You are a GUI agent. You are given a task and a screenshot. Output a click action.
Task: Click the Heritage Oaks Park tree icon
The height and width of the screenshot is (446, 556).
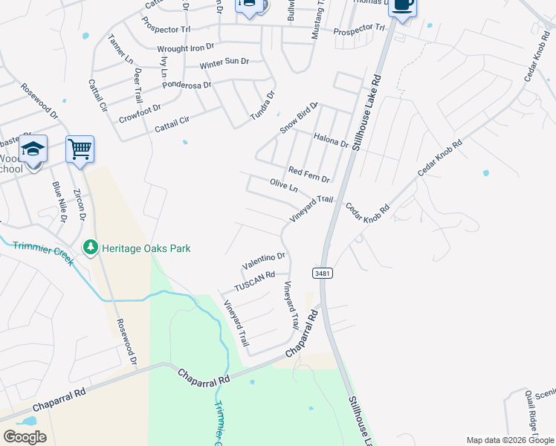[91, 248]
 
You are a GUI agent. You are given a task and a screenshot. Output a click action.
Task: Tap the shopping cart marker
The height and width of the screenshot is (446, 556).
[80, 148]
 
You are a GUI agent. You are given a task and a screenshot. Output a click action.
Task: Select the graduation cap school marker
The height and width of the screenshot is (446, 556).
[33, 149]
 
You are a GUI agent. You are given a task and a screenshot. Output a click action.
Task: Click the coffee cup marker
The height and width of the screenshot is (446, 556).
[402, 5]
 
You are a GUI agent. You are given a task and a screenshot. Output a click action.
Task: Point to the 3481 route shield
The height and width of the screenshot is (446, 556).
[322, 274]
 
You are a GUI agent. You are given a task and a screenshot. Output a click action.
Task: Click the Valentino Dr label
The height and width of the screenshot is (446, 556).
[264, 261]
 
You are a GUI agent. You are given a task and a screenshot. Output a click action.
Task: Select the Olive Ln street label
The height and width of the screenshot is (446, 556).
[283, 185]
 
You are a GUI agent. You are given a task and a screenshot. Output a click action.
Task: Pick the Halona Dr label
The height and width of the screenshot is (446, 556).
[331, 138]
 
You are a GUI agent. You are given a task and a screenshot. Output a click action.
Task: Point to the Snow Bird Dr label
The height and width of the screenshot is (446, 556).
[298, 117]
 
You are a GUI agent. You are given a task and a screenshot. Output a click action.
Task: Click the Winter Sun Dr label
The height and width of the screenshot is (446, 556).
[223, 62]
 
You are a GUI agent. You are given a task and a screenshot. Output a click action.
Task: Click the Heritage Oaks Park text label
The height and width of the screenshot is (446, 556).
[146, 248]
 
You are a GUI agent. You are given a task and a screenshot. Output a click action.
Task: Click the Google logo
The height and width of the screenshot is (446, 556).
[25, 436]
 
